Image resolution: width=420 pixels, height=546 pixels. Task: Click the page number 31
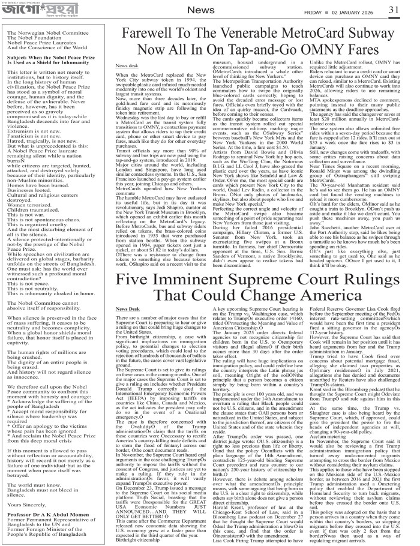pyautogui.click(x=410, y=9)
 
